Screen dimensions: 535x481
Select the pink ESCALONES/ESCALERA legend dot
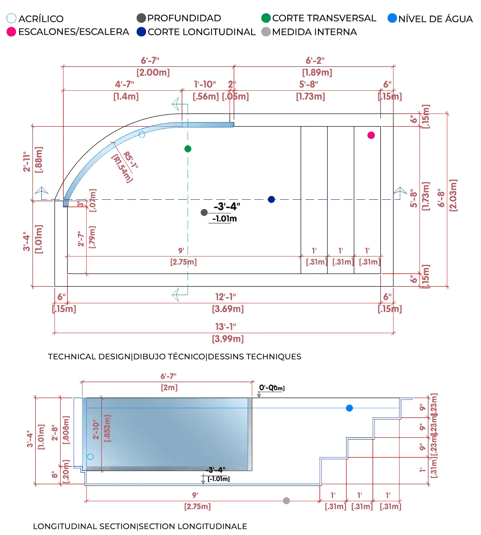click(12, 32)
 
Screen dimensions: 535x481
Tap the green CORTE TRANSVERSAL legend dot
click(266, 18)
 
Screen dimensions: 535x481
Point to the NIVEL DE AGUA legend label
click(436, 19)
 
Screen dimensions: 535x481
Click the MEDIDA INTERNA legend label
click(314, 32)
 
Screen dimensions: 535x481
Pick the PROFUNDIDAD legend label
click(184, 18)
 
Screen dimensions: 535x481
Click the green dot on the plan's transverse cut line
click(188, 148)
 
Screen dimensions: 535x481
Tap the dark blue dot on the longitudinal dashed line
click(271, 199)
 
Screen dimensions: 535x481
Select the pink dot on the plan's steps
click(371, 135)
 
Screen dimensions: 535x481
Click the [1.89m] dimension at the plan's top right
click(317, 72)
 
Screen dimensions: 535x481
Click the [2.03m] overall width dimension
click(453, 196)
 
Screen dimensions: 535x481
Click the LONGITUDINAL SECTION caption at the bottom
click(85, 527)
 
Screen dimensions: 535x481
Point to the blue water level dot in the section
click(349, 408)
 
